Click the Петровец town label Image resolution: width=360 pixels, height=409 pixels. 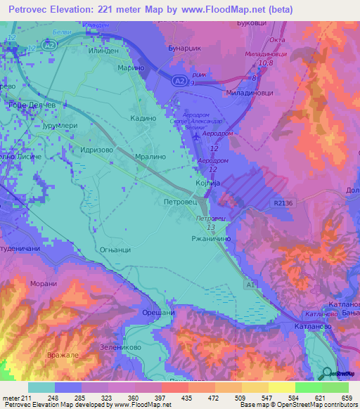pyautogui.click(x=180, y=202)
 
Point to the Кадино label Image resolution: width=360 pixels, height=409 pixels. pyautogui.click(x=143, y=119)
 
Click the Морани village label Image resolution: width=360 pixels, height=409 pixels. pyautogui.click(x=44, y=284)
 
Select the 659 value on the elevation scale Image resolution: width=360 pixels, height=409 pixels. pyautogui.click(x=345, y=397)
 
